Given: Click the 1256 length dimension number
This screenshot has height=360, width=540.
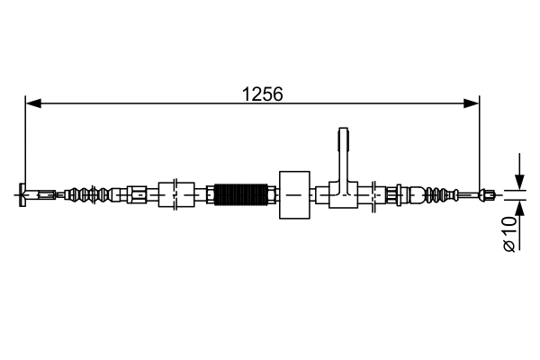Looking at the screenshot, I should (262, 92).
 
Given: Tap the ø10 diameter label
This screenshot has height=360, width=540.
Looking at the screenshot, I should (510, 233).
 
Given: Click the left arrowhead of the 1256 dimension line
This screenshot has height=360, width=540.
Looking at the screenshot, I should (32, 103).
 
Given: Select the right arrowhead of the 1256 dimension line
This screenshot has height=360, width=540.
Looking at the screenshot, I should (472, 103).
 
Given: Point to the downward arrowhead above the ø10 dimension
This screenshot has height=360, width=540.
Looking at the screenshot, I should (518, 181).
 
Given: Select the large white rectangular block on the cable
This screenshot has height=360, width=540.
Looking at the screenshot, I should (295, 193).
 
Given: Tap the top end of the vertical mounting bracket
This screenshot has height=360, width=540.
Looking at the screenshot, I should (342, 136).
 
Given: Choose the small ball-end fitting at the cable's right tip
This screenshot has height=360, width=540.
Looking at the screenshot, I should (487, 193).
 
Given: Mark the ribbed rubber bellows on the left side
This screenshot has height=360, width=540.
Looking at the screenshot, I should (91, 193).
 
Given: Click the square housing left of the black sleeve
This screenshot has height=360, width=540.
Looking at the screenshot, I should (176, 193).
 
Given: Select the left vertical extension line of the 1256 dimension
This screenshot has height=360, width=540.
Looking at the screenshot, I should (25, 144).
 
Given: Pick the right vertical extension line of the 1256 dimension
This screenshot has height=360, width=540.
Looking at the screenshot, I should (480, 144).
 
